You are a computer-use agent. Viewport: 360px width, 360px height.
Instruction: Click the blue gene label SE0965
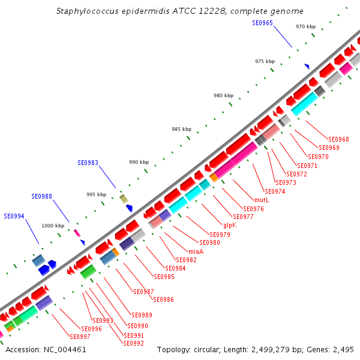(263, 23)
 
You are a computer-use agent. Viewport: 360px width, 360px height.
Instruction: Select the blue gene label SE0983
(88, 163)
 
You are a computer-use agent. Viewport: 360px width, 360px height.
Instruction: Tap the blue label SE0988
(42, 196)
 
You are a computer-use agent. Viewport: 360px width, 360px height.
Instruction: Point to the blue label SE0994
(14, 216)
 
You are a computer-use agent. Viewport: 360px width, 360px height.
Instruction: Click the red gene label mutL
(261, 200)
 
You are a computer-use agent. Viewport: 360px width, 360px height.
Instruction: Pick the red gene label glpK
(230, 225)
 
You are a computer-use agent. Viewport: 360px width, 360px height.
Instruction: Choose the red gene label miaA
(196, 251)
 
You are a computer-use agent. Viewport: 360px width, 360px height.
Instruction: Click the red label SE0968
(338, 139)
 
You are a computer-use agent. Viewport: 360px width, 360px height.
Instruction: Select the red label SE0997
(80, 337)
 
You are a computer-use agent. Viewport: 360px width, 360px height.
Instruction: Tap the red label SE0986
(164, 299)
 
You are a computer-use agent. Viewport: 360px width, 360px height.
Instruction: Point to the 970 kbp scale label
(306, 26)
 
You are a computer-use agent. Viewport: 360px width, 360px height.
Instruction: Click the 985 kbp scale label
(181, 129)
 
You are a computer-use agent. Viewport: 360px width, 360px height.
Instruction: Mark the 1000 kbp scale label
(53, 226)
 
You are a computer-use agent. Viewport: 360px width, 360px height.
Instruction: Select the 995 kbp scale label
(96, 194)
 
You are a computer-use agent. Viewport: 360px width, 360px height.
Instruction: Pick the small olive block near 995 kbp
(124, 199)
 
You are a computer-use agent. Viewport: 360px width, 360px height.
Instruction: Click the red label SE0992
(133, 343)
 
